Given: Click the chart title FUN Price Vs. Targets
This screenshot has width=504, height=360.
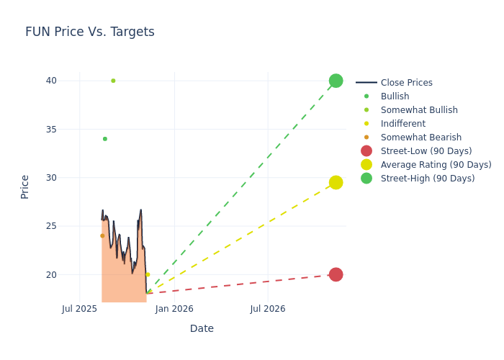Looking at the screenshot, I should point(90,32).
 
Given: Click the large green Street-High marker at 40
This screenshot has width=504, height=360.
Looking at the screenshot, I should point(336,81).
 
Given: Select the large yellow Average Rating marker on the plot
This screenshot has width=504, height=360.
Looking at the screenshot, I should point(336,182).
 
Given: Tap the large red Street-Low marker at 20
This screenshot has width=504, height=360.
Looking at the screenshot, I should point(336,274).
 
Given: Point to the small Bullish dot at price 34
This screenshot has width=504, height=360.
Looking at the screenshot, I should point(104,139).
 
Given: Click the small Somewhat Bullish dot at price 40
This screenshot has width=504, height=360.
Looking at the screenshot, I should point(113,81).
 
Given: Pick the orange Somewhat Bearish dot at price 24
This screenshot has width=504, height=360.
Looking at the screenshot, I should point(102,235).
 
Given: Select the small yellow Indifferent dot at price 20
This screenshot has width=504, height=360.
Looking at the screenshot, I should point(148,274).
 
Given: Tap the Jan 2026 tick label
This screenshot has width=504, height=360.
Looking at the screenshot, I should point(174,309).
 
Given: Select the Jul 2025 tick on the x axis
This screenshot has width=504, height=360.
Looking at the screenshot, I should point(79,309).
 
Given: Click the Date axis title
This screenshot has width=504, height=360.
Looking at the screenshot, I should point(202,328).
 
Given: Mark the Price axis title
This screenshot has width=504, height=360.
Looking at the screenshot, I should point(25,186).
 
